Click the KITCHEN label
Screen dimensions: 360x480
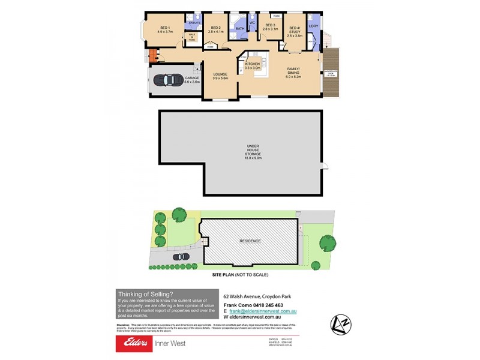tap(252, 65)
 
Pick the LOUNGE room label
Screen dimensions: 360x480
tap(220, 76)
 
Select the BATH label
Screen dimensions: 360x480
tap(239, 28)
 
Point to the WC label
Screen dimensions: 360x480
tap(252, 24)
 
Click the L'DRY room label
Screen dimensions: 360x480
tap(313, 26)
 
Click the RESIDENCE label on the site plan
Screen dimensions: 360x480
tap(251, 241)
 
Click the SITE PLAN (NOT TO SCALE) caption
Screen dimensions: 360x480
tap(240, 274)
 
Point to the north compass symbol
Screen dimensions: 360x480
tap(340, 324)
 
